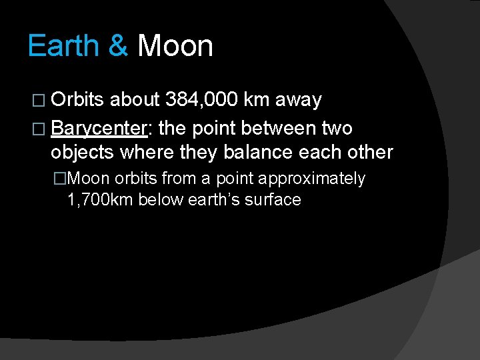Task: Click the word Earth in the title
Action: tap(63, 47)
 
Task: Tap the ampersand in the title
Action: tap(117, 47)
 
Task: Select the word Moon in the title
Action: tap(175, 47)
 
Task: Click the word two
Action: tap(337, 127)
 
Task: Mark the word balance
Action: tap(255, 152)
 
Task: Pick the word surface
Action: tap(275, 199)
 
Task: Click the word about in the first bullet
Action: tap(134, 100)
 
